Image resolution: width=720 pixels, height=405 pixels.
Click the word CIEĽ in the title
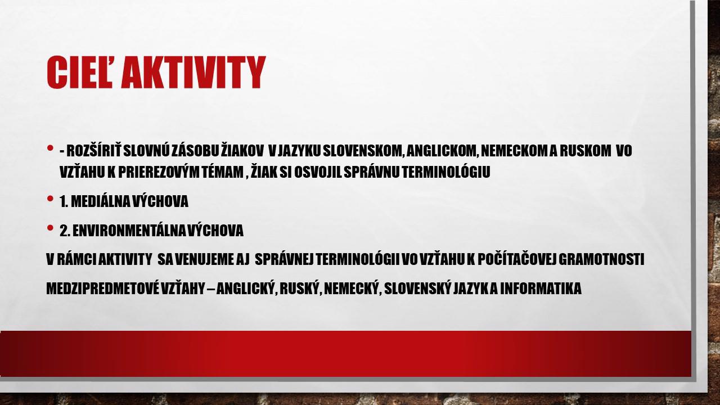point(80,73)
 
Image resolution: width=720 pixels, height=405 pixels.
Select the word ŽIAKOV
point(242,150)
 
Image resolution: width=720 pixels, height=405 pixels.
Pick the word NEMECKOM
point(514,151)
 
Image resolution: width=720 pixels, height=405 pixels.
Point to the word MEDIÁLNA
point(100,201)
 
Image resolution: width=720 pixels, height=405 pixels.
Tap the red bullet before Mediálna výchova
point(50,199)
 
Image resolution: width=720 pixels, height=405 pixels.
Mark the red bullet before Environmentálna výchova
point(50,228)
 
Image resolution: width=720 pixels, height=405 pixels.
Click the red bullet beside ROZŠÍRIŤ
point(50,148)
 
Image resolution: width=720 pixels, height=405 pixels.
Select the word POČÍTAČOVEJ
point(517,259)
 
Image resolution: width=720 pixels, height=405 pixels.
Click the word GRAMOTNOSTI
point(602,259)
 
